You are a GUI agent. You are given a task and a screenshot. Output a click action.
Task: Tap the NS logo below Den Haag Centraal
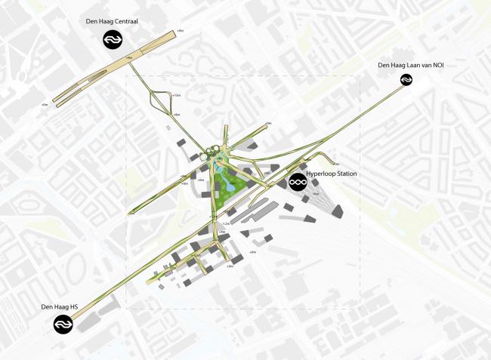113,40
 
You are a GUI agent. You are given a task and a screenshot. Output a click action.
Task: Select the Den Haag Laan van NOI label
411,66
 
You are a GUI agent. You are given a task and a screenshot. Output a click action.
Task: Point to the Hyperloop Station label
332,174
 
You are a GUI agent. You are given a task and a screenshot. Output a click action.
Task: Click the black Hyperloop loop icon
298,182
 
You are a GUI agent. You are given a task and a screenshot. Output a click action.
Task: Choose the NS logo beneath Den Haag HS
63,325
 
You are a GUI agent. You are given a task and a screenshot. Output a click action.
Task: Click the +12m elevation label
178,96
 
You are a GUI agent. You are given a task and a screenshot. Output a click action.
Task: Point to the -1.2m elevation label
226,223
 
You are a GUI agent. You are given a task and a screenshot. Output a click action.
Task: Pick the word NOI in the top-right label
437,66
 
